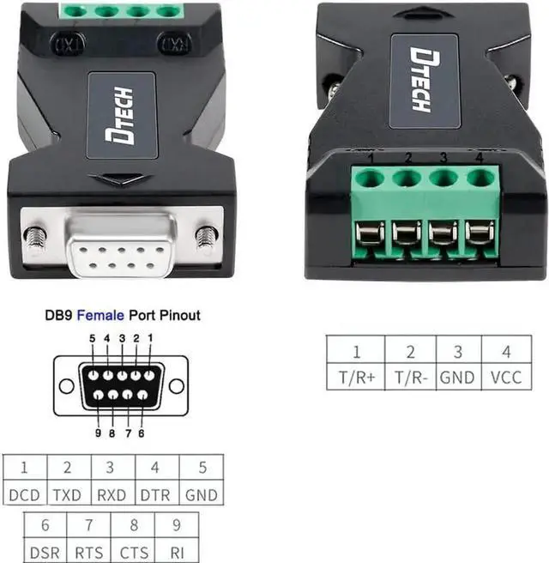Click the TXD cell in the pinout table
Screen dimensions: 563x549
[68, 495]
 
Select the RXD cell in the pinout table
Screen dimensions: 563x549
[112, 495]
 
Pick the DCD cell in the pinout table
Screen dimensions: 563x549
[24, 495]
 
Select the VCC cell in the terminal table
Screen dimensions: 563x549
[505, 377]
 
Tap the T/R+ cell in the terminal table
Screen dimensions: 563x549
[356, 377]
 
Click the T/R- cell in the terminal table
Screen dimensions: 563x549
[410, 377]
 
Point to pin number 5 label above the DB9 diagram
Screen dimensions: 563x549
[92, 338]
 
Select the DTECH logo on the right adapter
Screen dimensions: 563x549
[422, 79]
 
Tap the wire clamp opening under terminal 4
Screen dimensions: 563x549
[480, 233]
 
